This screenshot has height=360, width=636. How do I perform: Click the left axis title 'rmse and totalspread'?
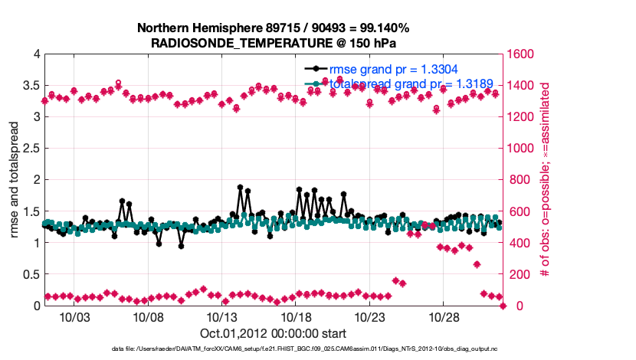tap(15, 180)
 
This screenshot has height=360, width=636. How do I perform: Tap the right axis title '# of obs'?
tap(546, 180)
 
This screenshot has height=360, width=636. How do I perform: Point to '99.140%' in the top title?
tap(383, 28)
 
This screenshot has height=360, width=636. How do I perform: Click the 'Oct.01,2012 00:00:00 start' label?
tap(274, 333)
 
